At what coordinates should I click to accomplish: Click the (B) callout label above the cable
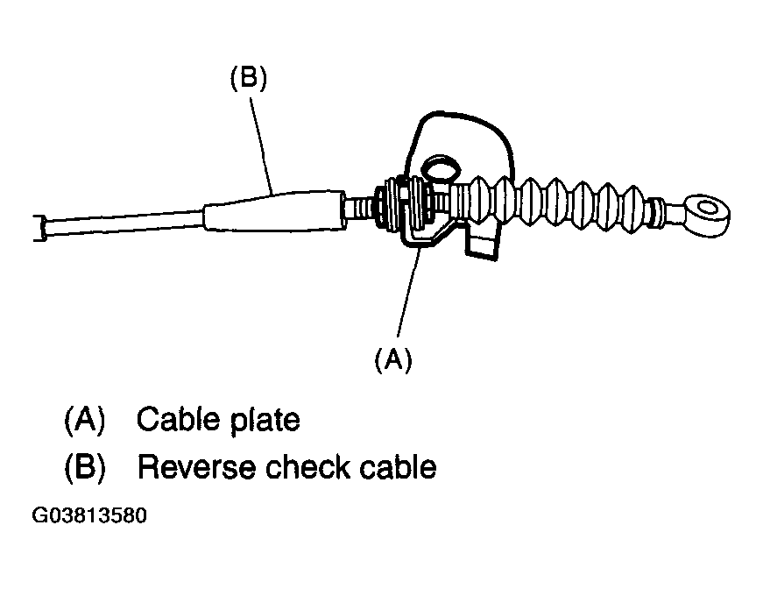[x=249, y=78]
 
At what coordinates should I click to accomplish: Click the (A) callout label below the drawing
[x=393, y=360]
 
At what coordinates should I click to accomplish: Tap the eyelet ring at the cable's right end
[x=707, y=216]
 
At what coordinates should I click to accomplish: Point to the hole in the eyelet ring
[x=708, y=209]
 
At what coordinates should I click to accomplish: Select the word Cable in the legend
[x=178, y=419]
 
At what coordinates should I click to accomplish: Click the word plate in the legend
[x=265, y=421]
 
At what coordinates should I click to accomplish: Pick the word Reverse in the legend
[x=196, y=467]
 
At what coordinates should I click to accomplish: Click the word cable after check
[x=398, y=467]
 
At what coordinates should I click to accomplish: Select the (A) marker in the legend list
[x=85, y=420]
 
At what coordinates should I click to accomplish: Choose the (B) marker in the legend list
[x=85, y=467]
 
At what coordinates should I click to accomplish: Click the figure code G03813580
[x=89, y=515]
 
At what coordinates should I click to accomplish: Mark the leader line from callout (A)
[x=407, y=292]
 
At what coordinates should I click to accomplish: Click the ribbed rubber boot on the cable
[x=550, y=205]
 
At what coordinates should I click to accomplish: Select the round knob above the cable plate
[x=441, y=168]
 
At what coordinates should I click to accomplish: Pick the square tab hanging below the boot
[x=482, y=241]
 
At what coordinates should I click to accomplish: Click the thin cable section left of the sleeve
[x=124, y=224]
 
